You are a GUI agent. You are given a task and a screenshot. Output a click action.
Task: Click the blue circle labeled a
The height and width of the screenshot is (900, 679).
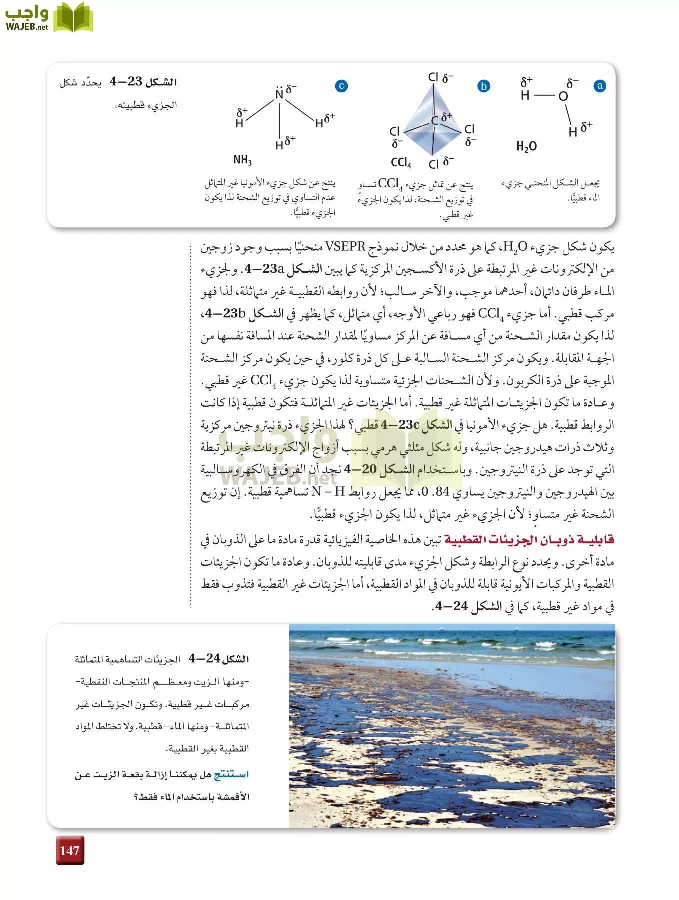point(600,86)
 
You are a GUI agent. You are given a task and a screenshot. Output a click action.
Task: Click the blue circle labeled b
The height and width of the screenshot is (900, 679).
point(483,86)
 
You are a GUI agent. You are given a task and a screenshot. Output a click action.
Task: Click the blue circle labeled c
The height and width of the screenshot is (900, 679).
point(341,86)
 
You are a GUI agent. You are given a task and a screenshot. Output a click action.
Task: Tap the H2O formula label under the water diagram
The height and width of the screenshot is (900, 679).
point(526,146)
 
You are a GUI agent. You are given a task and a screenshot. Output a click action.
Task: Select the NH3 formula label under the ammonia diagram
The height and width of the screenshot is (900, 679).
point(242,160)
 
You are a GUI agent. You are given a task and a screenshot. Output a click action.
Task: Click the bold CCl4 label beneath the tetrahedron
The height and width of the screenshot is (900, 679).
point(401,163)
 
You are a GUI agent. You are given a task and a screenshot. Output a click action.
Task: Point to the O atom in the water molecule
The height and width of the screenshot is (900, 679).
point(563,96)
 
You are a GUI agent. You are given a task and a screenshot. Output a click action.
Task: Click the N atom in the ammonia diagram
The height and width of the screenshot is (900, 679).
point(279,94)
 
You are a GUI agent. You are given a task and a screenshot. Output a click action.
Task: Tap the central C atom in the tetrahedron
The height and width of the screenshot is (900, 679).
point(435,120)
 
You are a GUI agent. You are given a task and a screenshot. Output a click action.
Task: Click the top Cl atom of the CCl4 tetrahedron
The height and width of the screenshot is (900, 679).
point(433,77)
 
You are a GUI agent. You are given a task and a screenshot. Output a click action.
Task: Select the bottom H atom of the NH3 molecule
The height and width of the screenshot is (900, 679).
point(279,145)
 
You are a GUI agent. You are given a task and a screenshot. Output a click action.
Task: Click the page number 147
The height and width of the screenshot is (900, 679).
point(70,850)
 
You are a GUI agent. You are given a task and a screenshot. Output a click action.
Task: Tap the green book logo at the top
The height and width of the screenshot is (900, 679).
point(73,18)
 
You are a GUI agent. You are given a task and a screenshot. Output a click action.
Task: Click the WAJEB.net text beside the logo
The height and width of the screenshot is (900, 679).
point(27,27)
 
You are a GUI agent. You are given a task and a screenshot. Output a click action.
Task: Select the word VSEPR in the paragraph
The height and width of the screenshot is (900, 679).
point(345,246)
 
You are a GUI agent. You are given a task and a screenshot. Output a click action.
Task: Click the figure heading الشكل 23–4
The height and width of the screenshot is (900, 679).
point(143,81)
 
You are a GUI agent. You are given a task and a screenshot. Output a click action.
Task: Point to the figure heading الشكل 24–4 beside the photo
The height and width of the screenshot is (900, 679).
point(218,658)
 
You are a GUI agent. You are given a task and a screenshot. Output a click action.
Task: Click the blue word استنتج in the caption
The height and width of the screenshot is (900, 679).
point(231,774)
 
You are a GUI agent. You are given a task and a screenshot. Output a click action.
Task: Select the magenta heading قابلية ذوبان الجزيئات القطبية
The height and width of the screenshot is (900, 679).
point(529,540)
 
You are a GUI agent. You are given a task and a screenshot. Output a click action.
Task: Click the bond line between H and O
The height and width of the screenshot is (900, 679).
point(544,95)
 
